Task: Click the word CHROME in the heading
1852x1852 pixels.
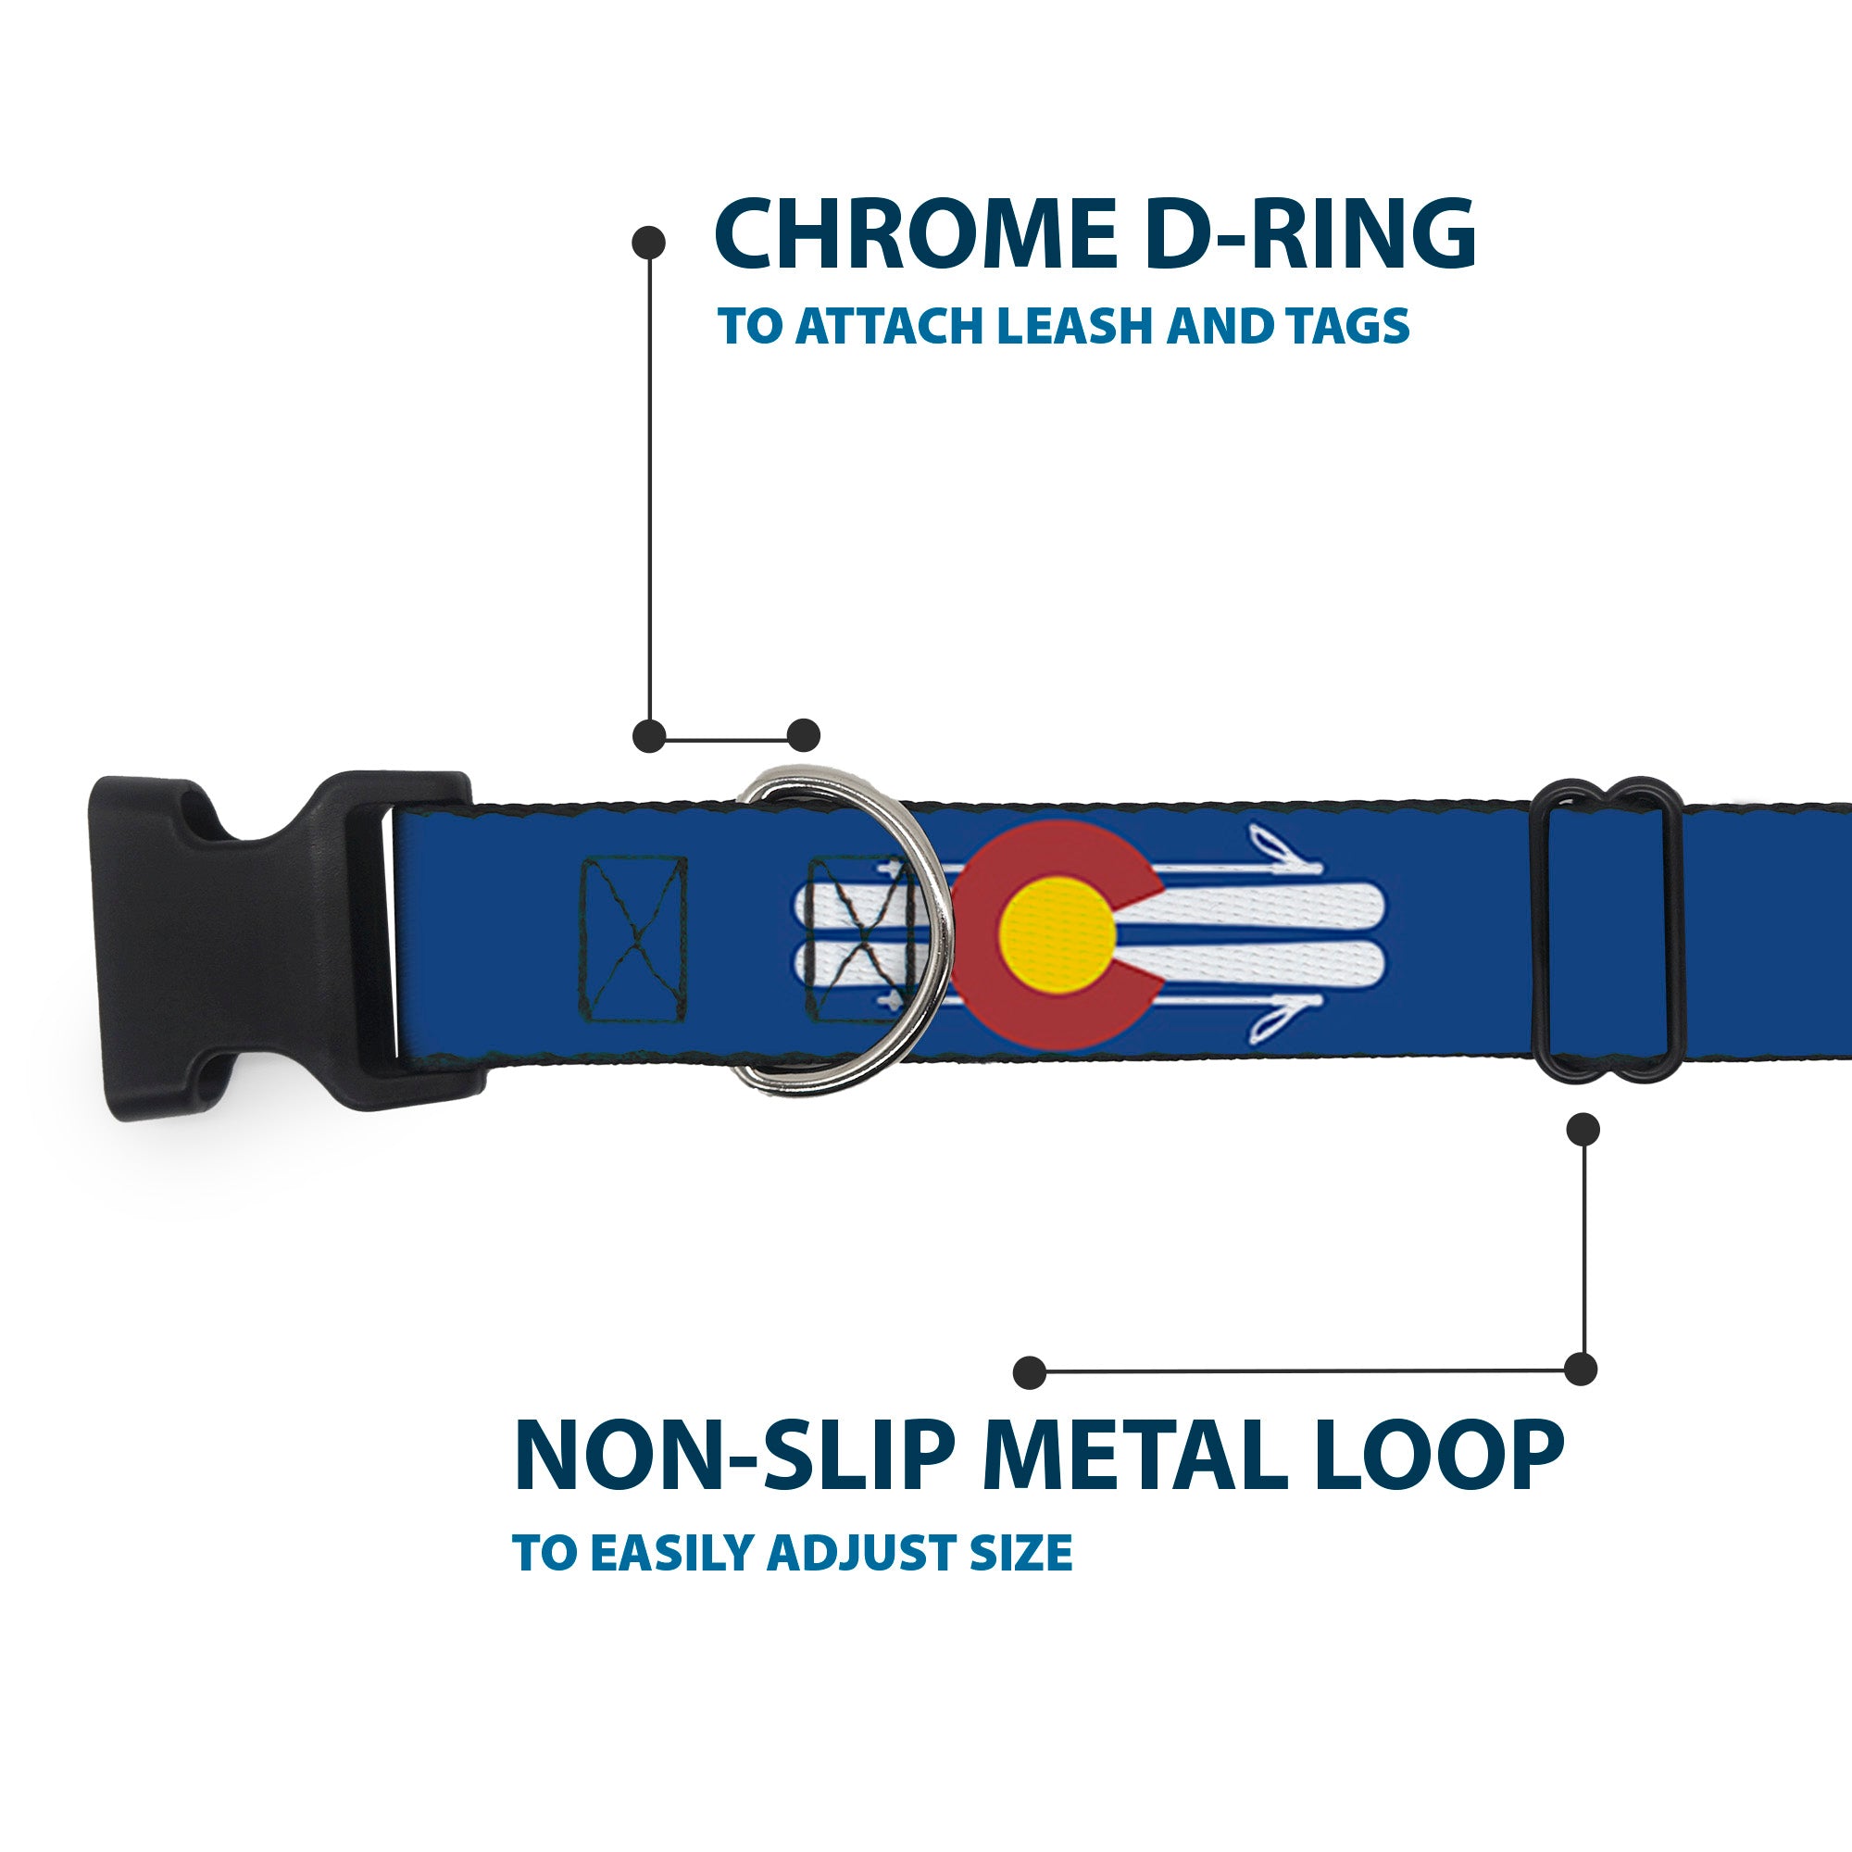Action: tap(916, 235)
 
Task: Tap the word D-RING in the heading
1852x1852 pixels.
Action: tap(1309, 235)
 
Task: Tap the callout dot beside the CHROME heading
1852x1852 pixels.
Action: tap(649, 243)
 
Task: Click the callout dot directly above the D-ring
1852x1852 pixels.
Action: tap(803, 735)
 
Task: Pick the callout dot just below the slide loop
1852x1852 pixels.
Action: tap(1583, 1129)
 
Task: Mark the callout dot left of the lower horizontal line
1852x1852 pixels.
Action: tap(1030, 1371)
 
